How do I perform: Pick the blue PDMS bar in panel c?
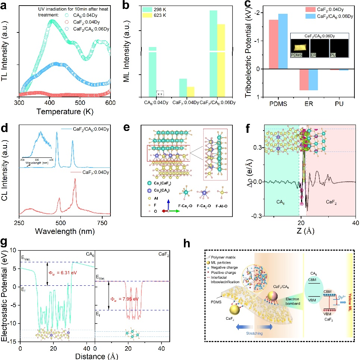tap(283, 41)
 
